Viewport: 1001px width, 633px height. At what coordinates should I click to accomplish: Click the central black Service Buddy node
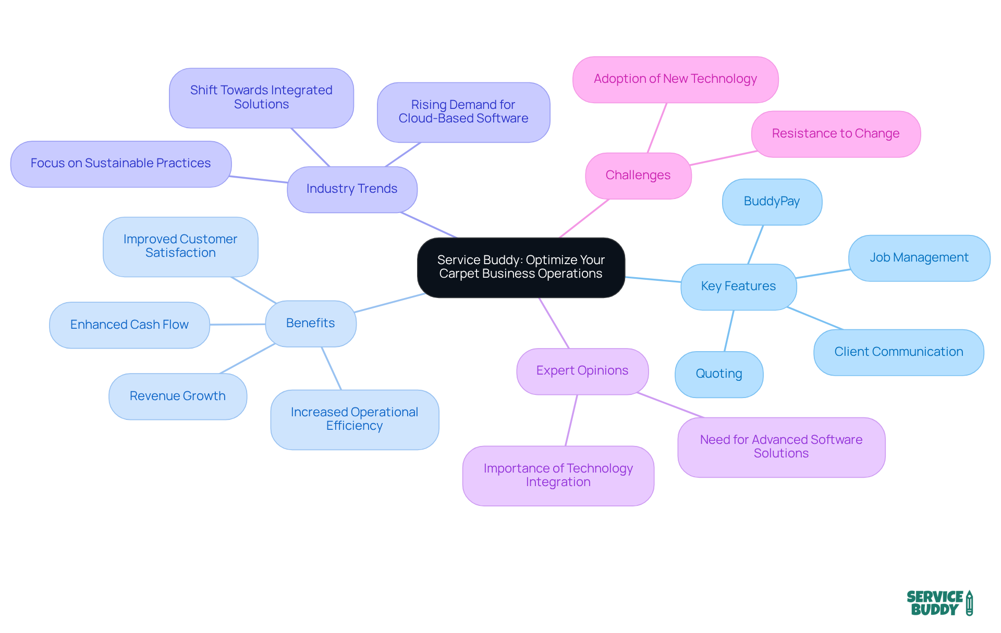(521, 267)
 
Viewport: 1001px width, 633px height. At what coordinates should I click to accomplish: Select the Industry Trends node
(352, 189)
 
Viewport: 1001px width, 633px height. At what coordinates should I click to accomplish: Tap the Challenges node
(638, 176)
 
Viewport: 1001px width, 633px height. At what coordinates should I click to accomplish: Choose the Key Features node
(738, 287)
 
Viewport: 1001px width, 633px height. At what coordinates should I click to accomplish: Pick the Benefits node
(311, 324)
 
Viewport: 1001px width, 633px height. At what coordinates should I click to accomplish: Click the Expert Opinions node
(582, 371)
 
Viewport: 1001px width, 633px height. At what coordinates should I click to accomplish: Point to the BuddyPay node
(772, 202)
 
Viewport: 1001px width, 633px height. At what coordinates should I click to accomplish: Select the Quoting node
(719, 374)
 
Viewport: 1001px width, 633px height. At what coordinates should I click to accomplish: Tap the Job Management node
(919, 258)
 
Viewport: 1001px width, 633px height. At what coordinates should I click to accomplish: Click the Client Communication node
(898, 352)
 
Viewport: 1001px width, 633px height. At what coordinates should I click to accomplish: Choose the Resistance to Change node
(835, 134)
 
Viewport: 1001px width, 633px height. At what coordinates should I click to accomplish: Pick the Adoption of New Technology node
(675, 79)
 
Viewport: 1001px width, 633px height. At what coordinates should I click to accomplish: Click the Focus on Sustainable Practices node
(120, 164)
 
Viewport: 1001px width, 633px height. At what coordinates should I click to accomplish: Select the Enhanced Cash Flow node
(129, 325)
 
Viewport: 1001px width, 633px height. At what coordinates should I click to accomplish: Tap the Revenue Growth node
(177, 396)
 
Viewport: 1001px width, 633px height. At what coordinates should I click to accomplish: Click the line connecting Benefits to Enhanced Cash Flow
(238, 324)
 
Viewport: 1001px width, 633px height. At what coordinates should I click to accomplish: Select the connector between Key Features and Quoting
(729, 331)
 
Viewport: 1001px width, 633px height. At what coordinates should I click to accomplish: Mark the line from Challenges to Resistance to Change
(724, 158)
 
